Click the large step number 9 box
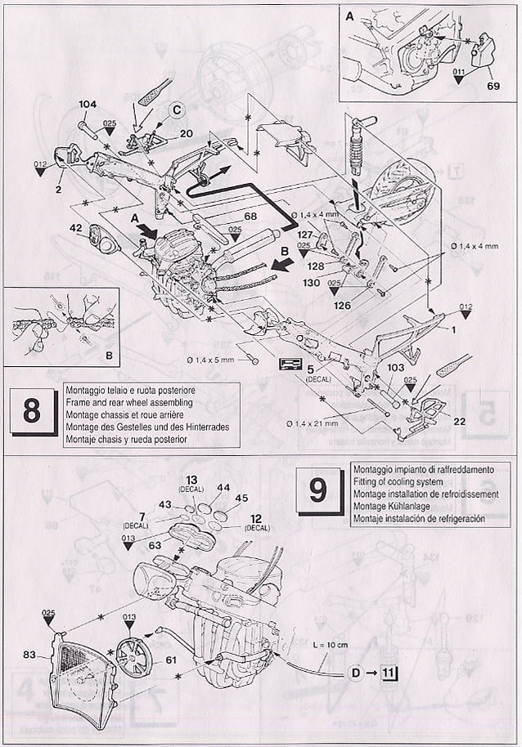[x=317, y=490]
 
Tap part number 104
[x=88, y=105]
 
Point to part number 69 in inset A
[x=492, y=84]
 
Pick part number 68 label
[x=227, y=216]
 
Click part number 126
[x=342, y=305]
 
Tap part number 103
[x=395, y=369]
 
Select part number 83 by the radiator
[x=29, y=654]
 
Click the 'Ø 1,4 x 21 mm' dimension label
[x=313, y=423]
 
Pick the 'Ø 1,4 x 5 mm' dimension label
[x=210, y=360]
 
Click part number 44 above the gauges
[x=223, y=487]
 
